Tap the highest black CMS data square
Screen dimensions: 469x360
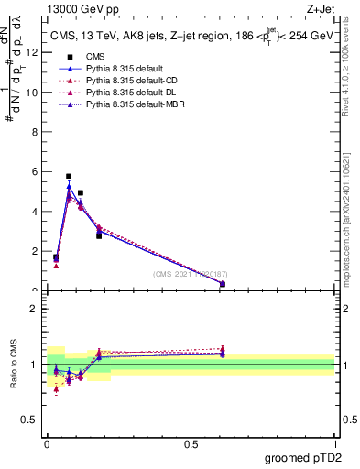(x=69, y=176)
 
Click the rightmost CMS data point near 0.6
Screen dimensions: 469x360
(x=223, y=284)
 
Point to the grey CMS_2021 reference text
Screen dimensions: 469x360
(x=191, y=273)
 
